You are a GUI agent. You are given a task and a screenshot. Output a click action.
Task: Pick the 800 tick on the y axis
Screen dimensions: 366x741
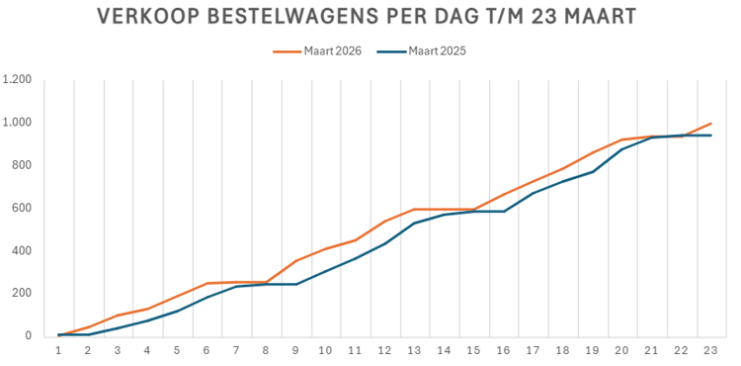click(22, 165)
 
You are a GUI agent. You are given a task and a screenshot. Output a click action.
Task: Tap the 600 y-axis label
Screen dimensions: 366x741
click(22, 208)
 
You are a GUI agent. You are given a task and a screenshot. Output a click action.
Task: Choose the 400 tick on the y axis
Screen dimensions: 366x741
click(22, 250)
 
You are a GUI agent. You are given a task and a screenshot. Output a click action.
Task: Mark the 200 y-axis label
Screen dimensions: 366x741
click(22, 293)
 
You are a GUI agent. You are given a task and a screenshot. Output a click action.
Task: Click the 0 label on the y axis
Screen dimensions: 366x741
click(28, 336)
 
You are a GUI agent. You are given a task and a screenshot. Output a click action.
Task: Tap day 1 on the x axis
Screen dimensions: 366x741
click(58, 350)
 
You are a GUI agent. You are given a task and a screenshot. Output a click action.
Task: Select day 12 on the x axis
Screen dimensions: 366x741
click(384, 350)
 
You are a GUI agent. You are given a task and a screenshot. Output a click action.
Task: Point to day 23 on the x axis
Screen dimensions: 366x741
click(710, 350)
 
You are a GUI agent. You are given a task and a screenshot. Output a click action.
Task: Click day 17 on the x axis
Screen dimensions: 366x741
click(533, 350)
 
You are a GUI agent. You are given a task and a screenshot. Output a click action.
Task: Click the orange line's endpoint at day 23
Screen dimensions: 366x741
click(710, 124)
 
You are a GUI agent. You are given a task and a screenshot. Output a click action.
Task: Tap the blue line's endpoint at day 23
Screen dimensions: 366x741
click(710, 136)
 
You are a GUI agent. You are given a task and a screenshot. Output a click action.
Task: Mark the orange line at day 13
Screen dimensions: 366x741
click(414, 210)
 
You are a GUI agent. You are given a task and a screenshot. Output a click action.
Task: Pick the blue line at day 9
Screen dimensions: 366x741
click(295, 284)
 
